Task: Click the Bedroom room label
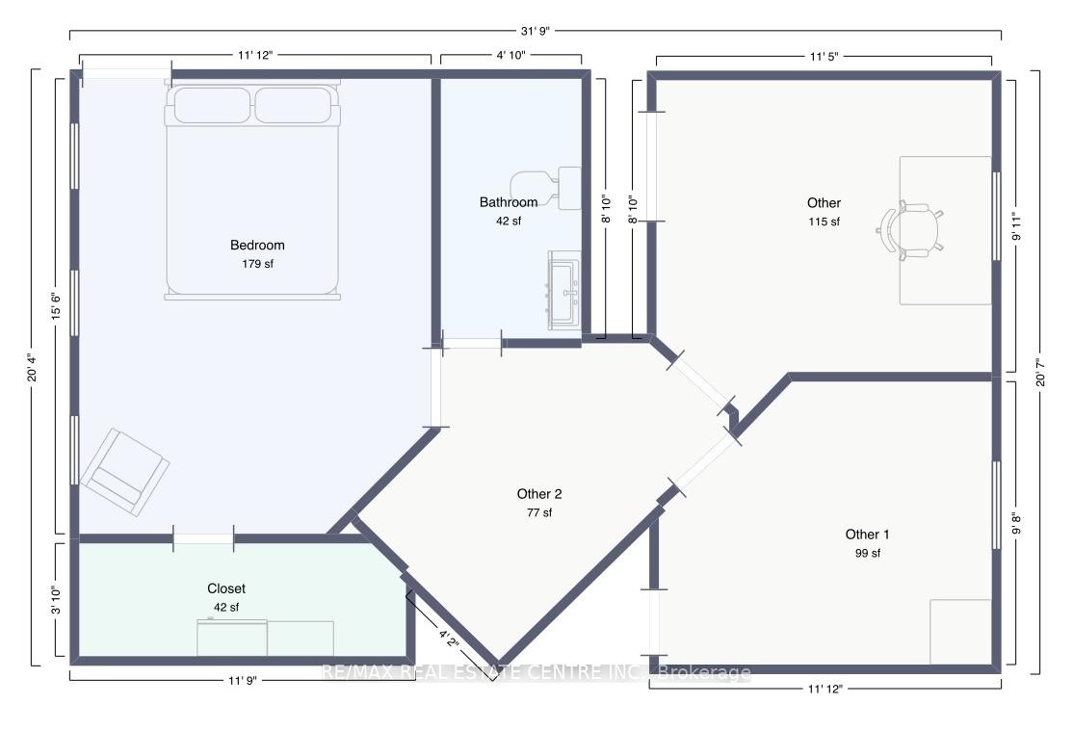(257, 245)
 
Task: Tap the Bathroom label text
(509, 202)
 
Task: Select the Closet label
(226, 588)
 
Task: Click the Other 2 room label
(539, 494)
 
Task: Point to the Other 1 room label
(867, 535)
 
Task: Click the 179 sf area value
(257, 264)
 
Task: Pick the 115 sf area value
(824, 222)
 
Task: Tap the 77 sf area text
(539, 512)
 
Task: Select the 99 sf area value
(868, 553)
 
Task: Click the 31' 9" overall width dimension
(536, 31)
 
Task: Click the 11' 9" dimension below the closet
(243, 680)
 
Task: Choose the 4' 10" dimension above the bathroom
(511, 56)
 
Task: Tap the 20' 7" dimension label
(1040, 373)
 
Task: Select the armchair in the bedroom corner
(124, 472)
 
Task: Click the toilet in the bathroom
(545, 188)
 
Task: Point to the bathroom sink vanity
(564, 291)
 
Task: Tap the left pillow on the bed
(212, 105)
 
